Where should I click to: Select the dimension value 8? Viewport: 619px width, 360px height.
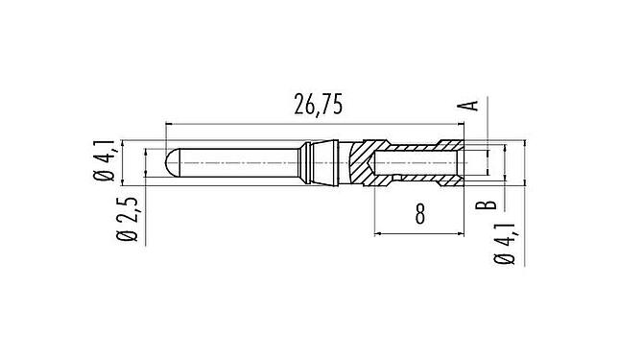click(x=419, y=213)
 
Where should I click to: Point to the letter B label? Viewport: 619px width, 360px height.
click(x=488, y=204)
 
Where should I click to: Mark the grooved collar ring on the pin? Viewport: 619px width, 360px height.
click(x=312, y=162)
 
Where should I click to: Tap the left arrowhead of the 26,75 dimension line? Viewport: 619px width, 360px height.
click(x=171, y=123)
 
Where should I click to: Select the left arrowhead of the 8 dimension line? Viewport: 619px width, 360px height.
click(x=377, y=233)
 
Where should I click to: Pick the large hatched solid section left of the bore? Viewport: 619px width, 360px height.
click(x=360, y=162)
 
